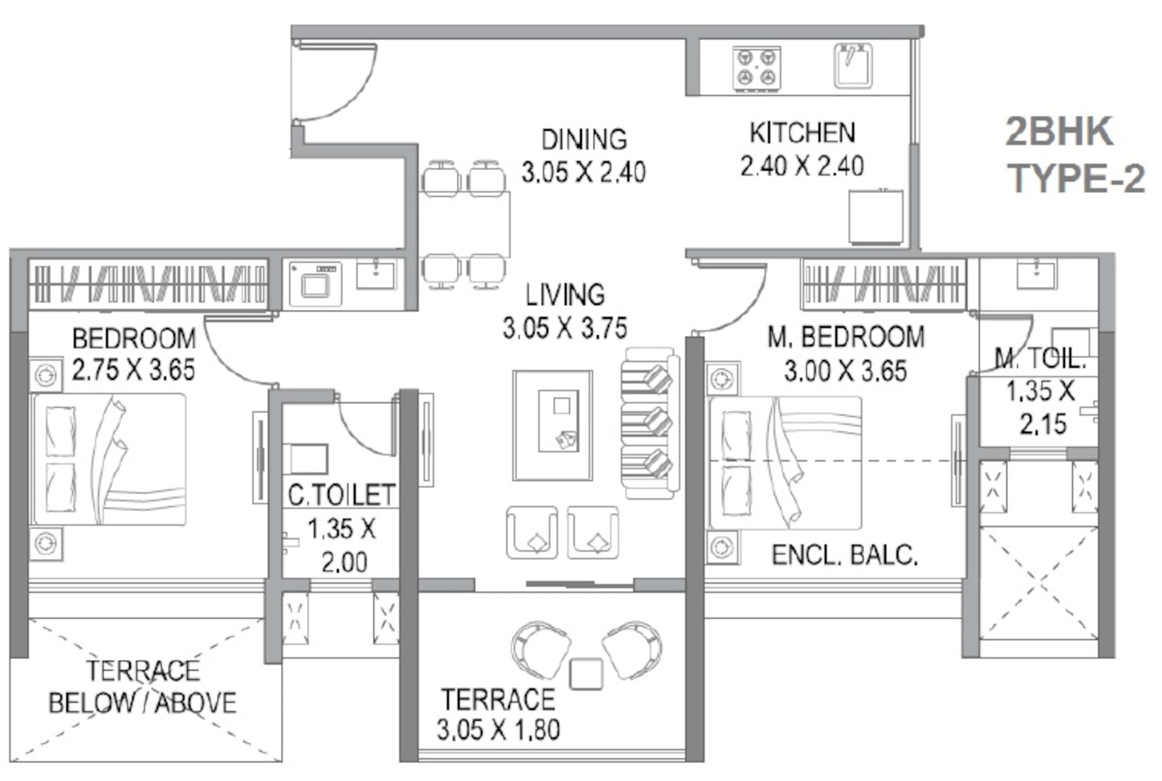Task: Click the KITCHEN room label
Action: click(802, 133)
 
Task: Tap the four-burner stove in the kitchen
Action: click(756, 69)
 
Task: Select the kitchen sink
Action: click(853, 65)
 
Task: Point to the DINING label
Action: click(584, 139)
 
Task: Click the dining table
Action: click(464, 224)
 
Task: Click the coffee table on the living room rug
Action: click(559, 421)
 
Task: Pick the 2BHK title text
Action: click(1059, 132)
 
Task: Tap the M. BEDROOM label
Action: click(846, 337)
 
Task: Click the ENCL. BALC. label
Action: click(845, 555)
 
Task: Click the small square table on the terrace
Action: click(586, 674)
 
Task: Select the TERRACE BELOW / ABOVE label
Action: click(143, 687)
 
